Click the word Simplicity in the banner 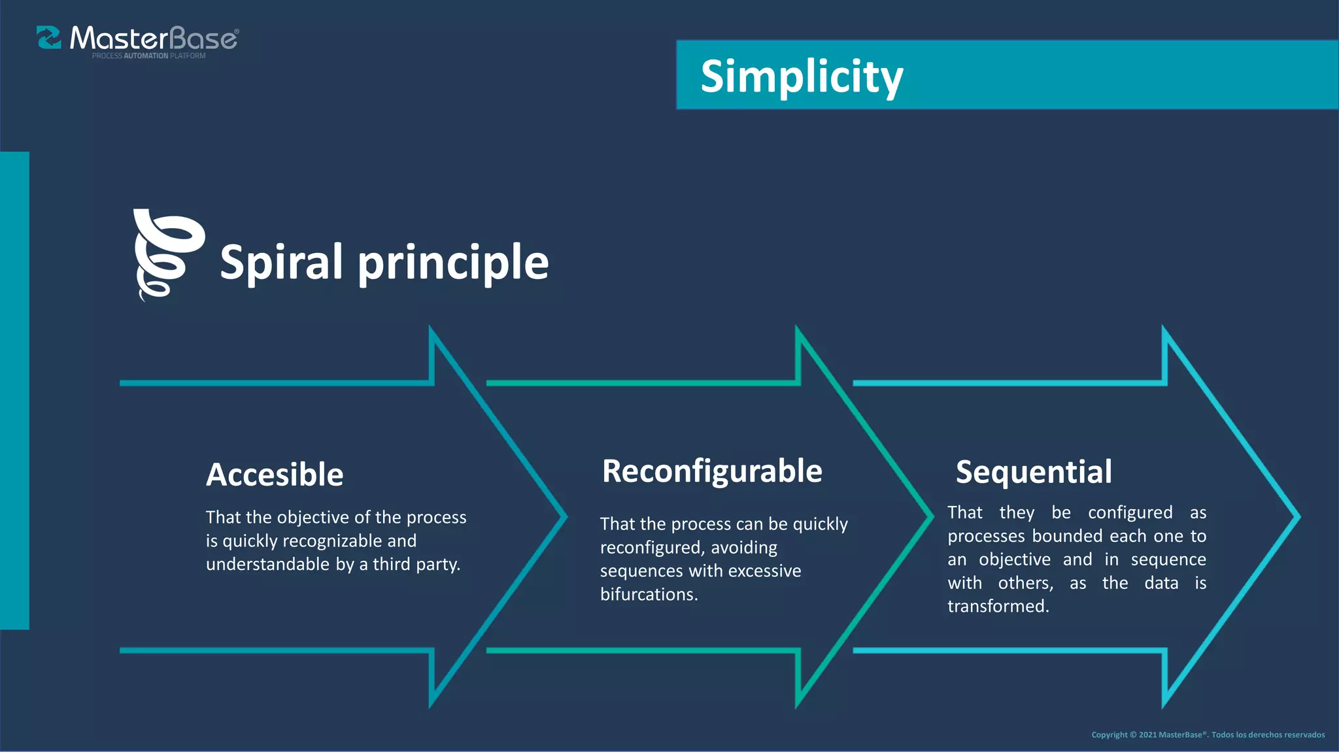point(802,76)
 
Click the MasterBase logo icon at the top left point(49,38)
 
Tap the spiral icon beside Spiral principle point(168,255)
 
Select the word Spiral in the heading point(282,263)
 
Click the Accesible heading point(275,475)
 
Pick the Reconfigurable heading point(712,471)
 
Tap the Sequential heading point(1034,472)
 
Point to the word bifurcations point(649,594)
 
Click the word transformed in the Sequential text point(998,606)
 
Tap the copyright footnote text point(1208,735)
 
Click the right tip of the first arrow point(564,516)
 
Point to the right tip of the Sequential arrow point(1297,516)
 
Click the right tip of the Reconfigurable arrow point(930,516)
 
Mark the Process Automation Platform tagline point(148,56)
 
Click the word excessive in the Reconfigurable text point(764,571)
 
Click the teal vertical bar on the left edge point(14,390)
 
